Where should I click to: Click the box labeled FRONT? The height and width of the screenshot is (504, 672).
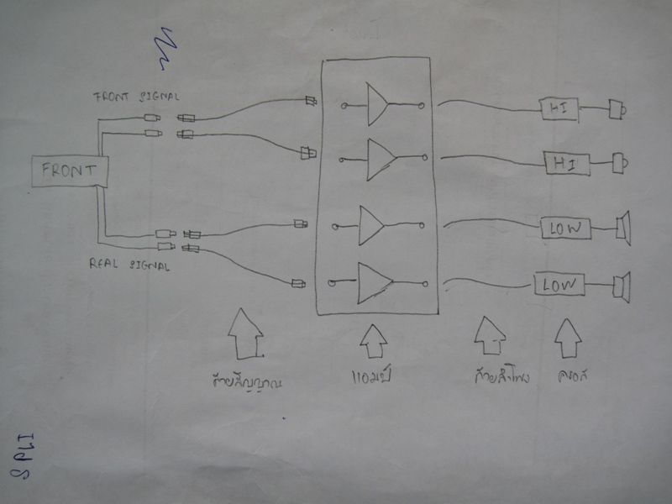(x=69, y=172)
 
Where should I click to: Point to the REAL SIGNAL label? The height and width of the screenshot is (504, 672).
(x=129, y=265)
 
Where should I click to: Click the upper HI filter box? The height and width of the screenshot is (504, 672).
(x=558, y=107)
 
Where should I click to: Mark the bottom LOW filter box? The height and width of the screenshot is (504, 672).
(x=559, y=285)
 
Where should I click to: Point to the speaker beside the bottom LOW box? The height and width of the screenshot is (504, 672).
(x=622, y=286)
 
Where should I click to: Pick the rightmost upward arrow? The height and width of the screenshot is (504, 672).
(x=568, y=338)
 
